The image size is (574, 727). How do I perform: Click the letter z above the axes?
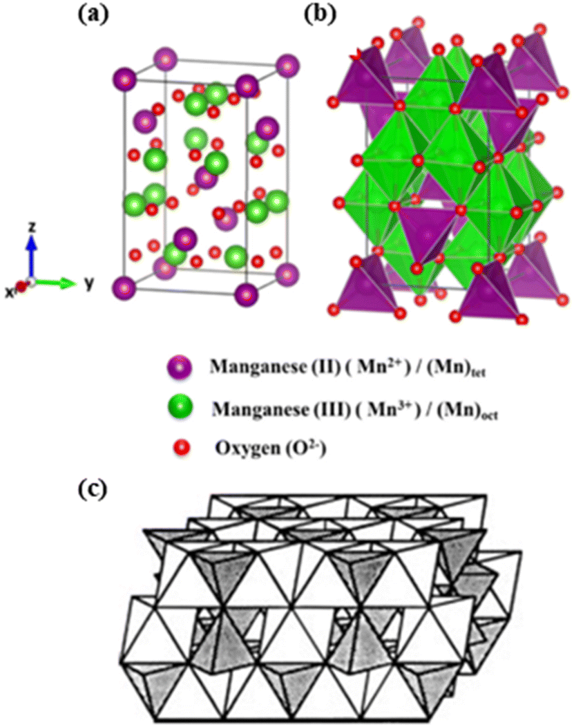tap(32, 226)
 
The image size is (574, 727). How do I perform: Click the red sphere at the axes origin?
tap(22, 285)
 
